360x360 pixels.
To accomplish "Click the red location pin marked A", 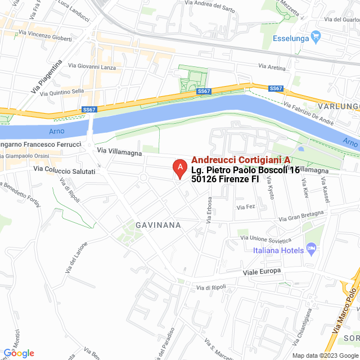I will (179, 168).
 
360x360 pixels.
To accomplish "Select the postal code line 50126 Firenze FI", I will (225, 179).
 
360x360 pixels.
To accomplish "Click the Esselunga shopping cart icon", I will (316, 38).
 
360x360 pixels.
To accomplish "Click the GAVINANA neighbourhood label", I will (158, 225).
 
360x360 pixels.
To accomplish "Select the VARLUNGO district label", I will (337, 106).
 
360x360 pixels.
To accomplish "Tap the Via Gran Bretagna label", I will (302, 216).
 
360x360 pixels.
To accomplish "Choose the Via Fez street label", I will (246, 207).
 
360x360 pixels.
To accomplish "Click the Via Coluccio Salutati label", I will (64, 169).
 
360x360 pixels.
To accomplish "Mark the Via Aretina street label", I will (272, 67).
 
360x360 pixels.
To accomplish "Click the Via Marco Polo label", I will (345, 315).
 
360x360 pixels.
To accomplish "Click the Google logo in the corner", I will (19, 353).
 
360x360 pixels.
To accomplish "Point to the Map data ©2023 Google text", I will (324, 355).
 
